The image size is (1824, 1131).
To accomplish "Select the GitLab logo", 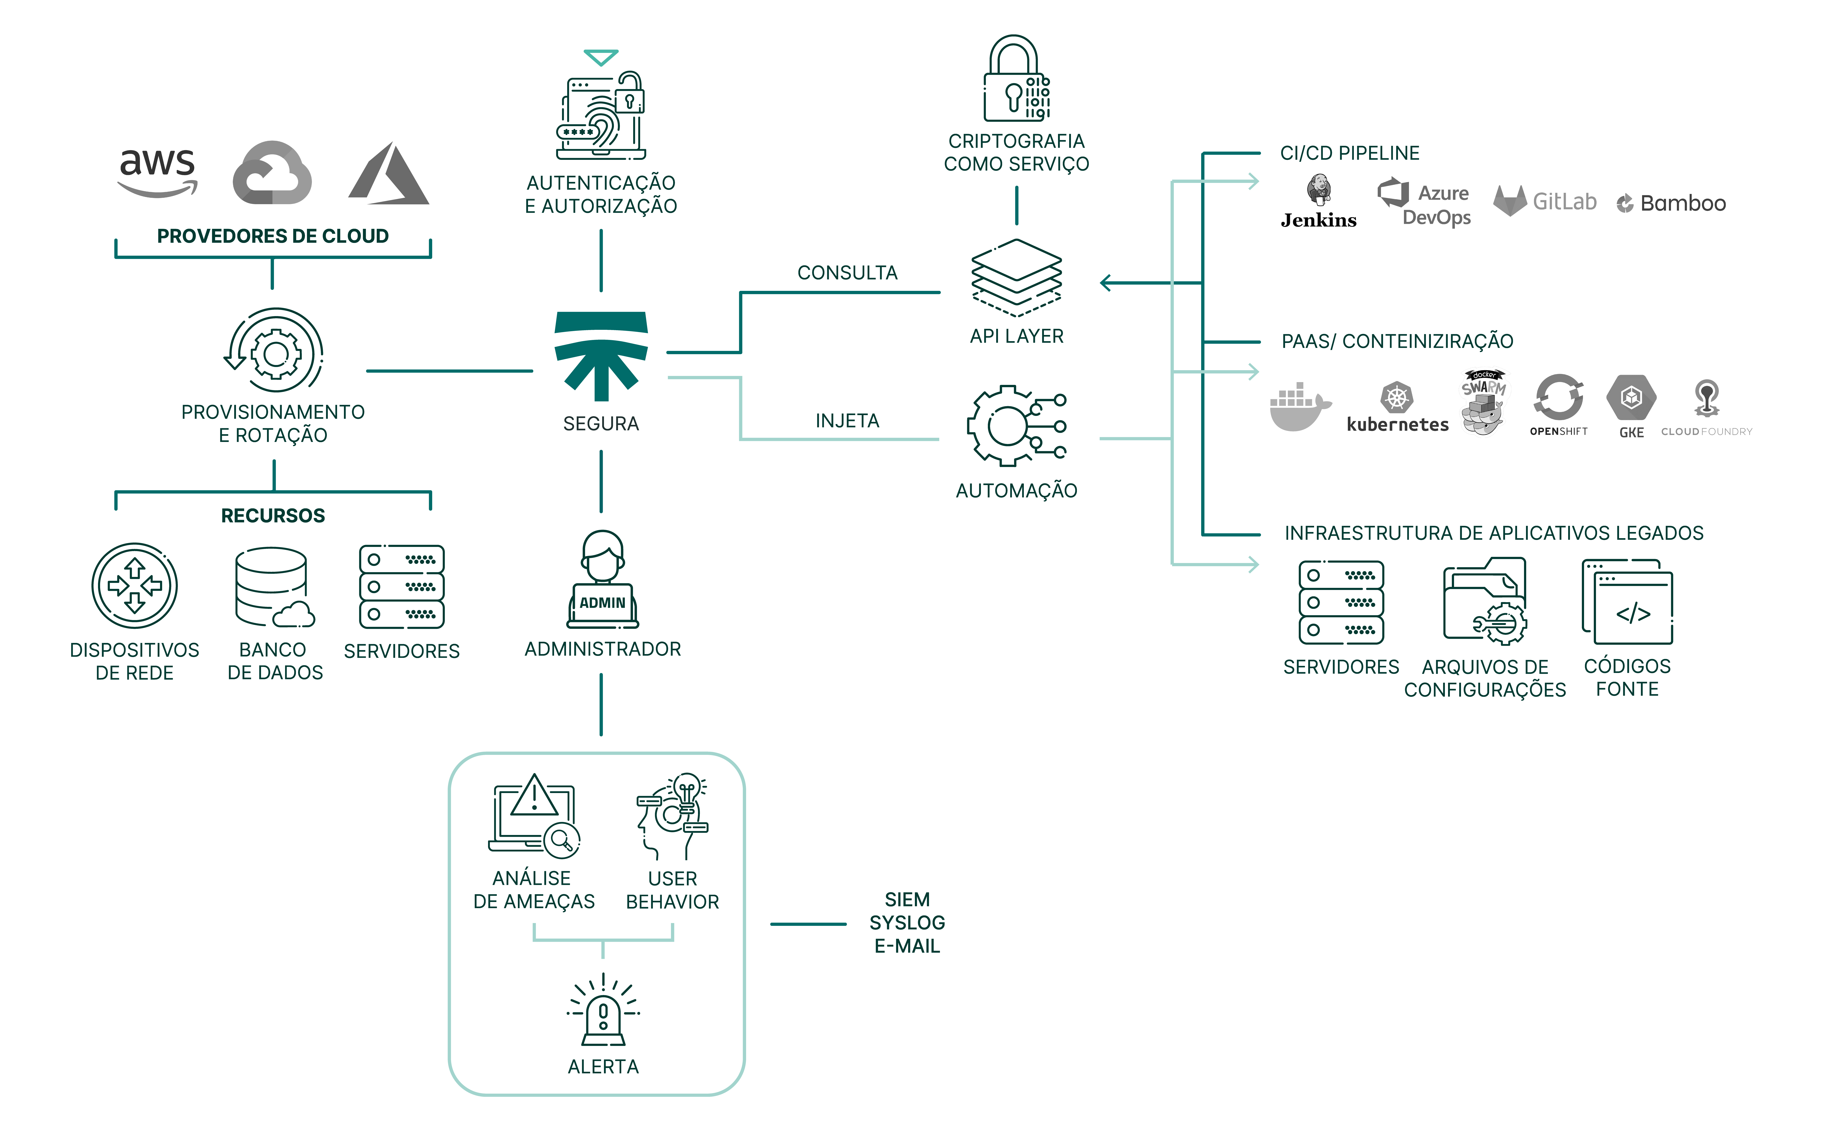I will [x=1544, y=201].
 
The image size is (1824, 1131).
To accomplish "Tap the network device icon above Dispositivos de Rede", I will [x=135, y=586].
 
